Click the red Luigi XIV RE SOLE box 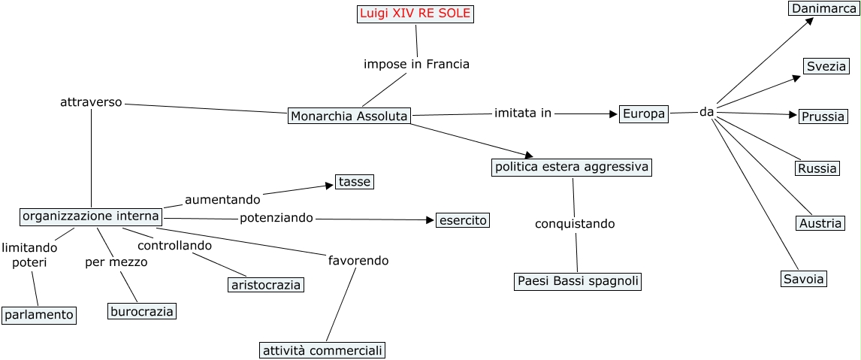415,14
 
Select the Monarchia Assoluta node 349,116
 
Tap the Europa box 644,114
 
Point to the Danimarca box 823,8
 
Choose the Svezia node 826,66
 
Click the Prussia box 823,116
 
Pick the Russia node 817,168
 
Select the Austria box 820,223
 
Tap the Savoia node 803,279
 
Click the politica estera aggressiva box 571,167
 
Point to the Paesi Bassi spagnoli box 579,281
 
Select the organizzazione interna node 91,216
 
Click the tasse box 355,182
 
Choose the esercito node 463,220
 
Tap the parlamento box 39,315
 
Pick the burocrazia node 142,311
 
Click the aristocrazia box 266,285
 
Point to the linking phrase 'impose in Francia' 416,64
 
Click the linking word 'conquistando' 575,224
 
